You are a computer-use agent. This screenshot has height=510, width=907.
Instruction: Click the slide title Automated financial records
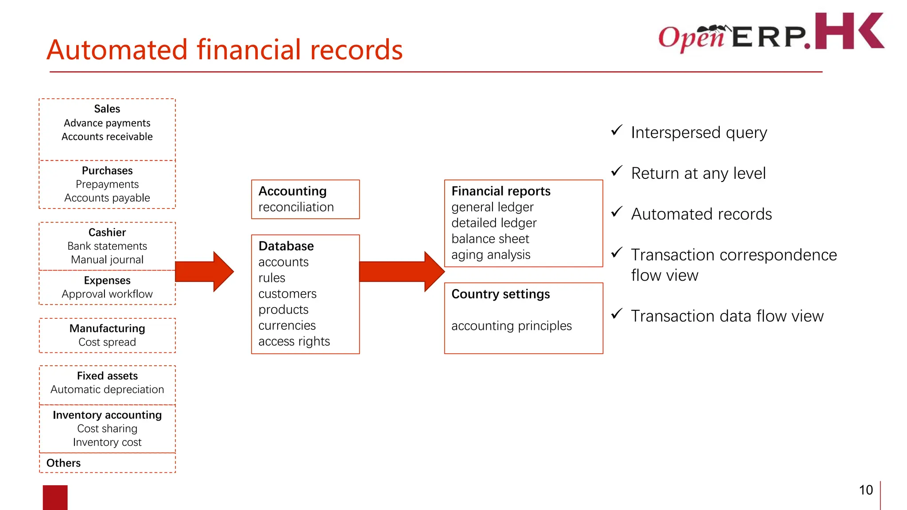[x=225, y=50]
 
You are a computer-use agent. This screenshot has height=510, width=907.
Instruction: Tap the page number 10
[x=865, y=490]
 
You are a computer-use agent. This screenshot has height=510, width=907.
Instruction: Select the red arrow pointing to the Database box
[x=205, y=271]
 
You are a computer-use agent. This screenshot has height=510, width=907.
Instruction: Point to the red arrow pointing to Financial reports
[x=401, y=271]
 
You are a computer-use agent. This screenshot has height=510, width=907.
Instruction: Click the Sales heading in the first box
[x=107, y=109]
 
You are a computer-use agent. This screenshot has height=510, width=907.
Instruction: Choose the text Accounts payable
[x=107, y=198]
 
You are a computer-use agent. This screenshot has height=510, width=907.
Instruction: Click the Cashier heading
[x=107, y=232]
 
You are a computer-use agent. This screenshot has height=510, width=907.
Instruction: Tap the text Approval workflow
[x=107, y=294]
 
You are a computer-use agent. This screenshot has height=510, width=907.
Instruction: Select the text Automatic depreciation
[x=107, y=390]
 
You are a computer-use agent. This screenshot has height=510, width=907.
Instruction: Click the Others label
[x=63, y=463]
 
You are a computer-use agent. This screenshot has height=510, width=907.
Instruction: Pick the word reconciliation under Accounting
[x=296, y=207]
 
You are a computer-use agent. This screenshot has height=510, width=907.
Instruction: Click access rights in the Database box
[x=294, y=341]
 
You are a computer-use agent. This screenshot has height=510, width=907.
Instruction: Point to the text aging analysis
[x=491, y=255]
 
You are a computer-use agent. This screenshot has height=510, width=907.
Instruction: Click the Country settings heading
[x=500, y=294]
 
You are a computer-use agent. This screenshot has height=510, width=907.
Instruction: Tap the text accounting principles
[x=512, y=326]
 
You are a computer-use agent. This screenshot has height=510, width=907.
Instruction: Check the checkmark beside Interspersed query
[x=616, y=131]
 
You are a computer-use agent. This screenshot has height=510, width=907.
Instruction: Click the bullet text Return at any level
[x=698, y=173]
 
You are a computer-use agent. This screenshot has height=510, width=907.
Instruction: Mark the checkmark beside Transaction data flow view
[x=616, y=314]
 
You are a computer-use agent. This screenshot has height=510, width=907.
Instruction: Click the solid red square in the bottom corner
[x=55, y=497]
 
